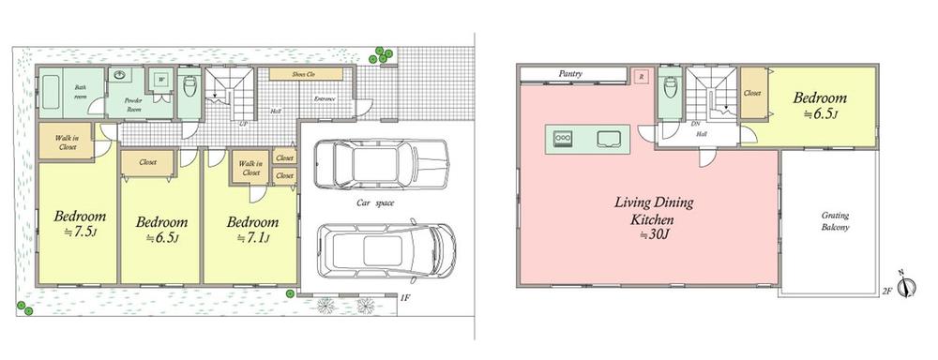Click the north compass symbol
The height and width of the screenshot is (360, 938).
905,287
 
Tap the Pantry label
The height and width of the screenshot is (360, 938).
572,72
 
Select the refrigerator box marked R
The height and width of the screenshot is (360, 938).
641,77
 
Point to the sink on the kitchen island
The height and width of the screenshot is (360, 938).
608,141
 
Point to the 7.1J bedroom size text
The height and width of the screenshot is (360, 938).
253,239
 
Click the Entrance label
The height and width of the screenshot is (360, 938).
325,98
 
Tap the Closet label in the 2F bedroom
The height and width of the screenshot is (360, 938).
752,93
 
